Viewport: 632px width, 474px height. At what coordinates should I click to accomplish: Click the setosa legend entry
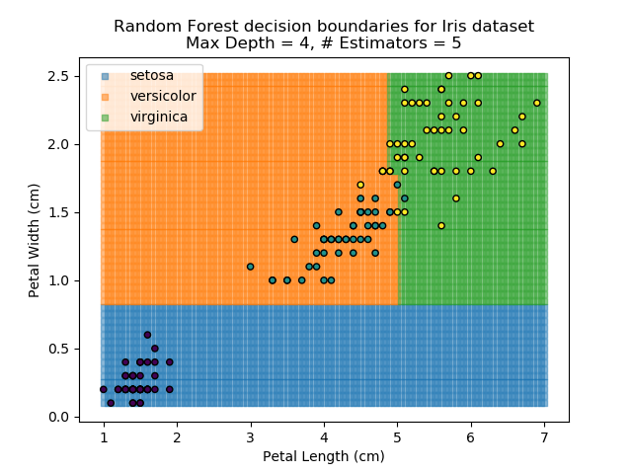tap(151, 75)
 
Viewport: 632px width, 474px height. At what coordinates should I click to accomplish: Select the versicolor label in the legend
tap(163, 96)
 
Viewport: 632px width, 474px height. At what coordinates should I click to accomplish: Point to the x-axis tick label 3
tap(250, 437)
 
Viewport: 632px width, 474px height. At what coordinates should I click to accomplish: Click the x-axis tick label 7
tap(543, 437)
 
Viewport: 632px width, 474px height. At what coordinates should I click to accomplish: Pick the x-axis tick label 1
tap(104, 437)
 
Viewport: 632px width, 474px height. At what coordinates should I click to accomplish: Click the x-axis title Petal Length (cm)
tap(323, 456)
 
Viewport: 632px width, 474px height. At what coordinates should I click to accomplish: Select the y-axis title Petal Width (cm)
tap(35, 240)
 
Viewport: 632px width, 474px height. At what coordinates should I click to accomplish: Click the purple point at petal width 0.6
tap(147, 335)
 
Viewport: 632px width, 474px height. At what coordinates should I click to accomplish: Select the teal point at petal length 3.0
tap(250, 267)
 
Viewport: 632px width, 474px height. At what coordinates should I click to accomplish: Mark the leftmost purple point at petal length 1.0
tap(104, 389)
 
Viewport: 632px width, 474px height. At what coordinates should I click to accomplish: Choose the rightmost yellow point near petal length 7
tap(536, 103)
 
